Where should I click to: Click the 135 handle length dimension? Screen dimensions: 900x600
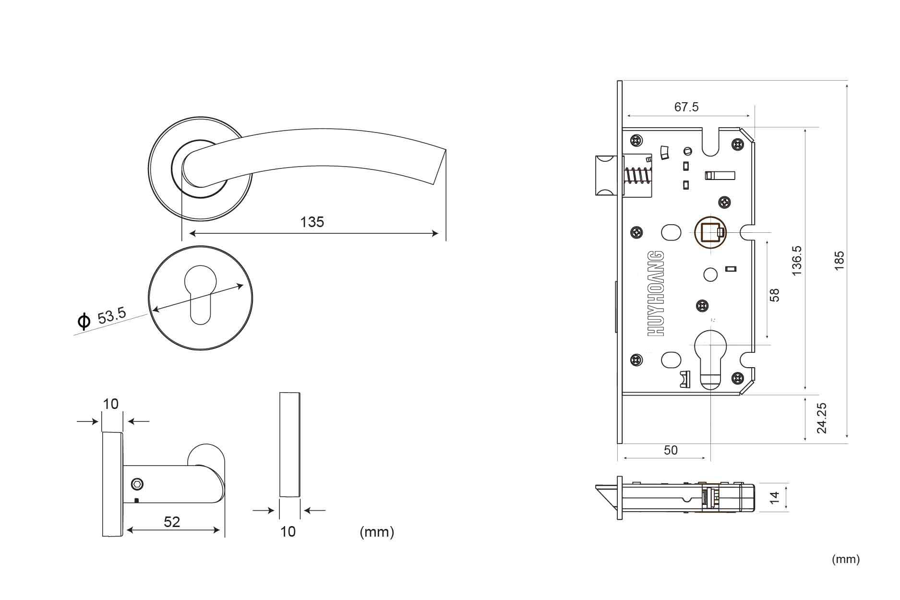312,222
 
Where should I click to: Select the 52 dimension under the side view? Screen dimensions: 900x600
172,522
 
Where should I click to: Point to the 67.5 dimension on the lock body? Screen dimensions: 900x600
686,107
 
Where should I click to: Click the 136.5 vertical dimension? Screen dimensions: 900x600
797,260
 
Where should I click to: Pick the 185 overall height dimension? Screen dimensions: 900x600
839,261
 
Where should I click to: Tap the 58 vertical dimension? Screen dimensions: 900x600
774,295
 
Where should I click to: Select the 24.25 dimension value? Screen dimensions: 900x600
822,418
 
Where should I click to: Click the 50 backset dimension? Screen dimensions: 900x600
671,450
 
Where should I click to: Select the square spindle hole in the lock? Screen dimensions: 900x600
709,233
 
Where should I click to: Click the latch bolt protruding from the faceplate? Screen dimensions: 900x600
606,176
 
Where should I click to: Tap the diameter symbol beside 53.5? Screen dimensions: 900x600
84,322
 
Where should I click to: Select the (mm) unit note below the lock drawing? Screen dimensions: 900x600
846,559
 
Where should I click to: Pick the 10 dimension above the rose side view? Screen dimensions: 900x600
111,404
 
